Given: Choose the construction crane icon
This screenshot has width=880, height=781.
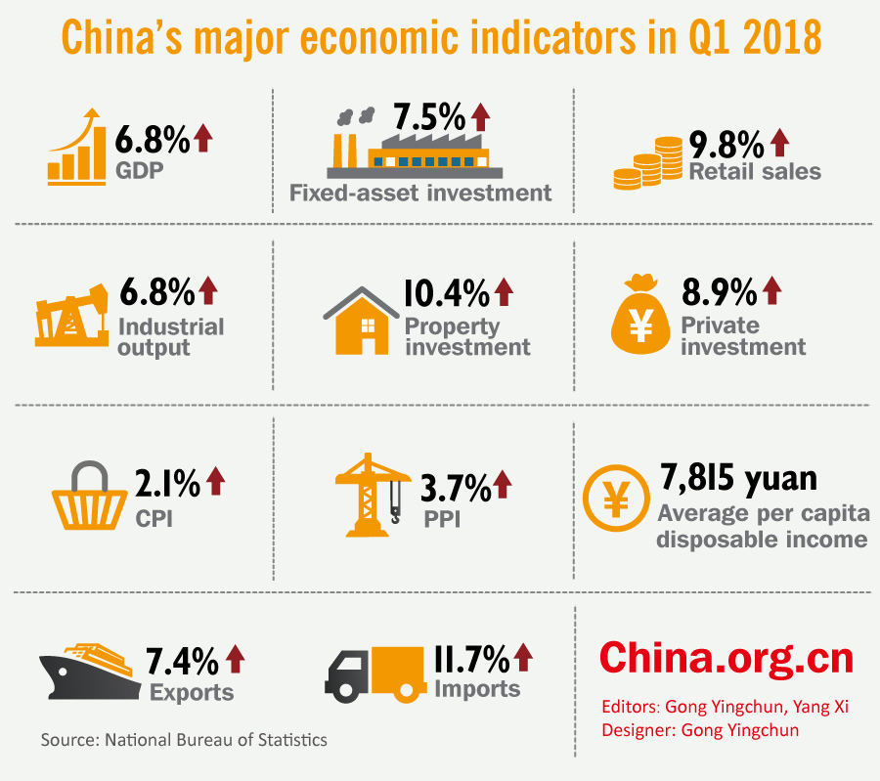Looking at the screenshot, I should coord(372,493).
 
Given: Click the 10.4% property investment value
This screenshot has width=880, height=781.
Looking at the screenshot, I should coord(445,292).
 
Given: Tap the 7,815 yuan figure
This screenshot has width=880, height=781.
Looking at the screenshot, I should coord(737,479).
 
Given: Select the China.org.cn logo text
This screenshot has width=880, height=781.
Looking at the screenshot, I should coord(726,657).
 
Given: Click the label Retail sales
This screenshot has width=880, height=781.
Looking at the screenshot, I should coord(755,172).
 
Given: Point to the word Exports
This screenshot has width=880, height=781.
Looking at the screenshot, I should coord(192,692).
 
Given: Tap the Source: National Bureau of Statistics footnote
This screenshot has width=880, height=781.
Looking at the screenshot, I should coord(184,739).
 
